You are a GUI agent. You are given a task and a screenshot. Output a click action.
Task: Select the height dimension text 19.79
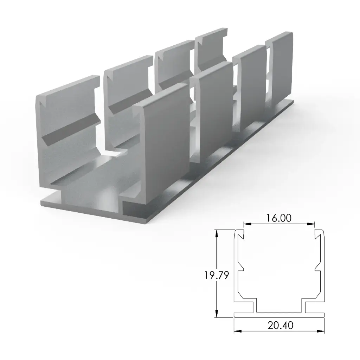217,275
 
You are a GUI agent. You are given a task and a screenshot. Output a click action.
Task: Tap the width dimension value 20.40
280,326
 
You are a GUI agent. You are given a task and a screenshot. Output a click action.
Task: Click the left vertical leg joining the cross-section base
255,307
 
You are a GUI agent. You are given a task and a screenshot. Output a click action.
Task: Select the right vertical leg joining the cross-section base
303,307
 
